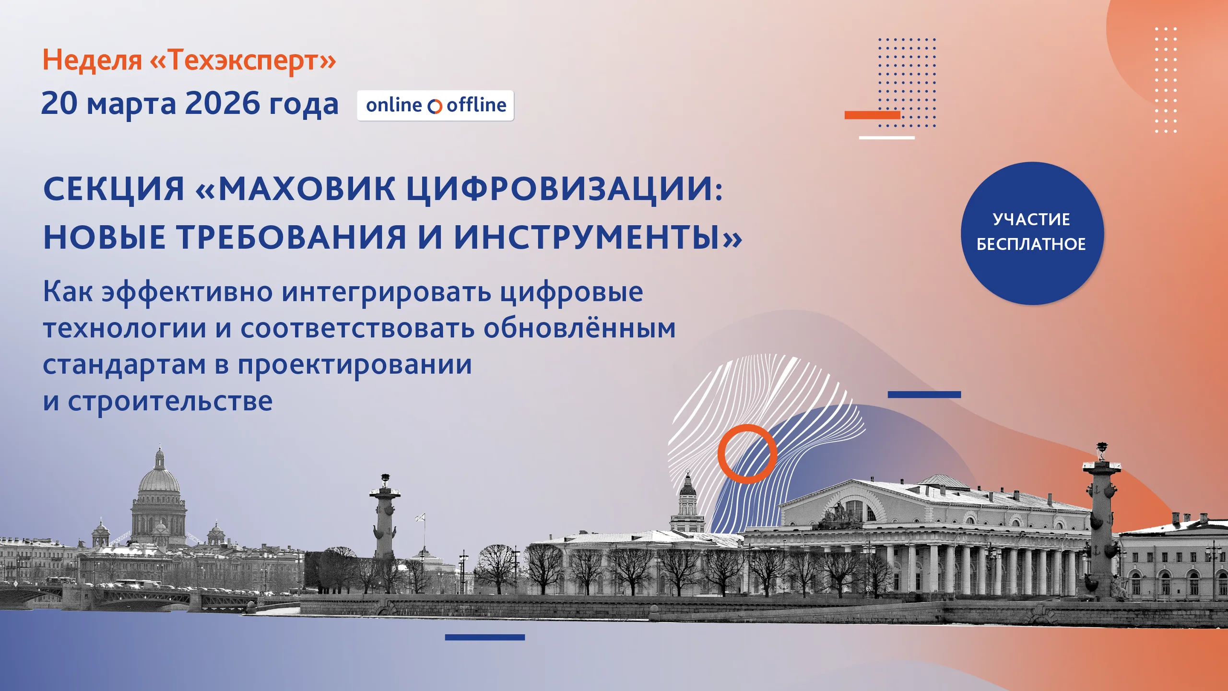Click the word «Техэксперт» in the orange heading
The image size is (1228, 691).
243,60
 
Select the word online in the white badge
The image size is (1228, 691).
394,105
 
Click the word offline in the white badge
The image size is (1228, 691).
476,105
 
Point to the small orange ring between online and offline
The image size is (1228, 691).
435,107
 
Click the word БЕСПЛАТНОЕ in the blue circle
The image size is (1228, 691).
1031,244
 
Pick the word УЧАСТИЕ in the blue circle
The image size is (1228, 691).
1031,219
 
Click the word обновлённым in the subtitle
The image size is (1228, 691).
579,328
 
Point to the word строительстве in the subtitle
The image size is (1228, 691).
170,401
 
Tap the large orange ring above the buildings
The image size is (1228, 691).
720,453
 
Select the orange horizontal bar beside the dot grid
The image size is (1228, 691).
872,115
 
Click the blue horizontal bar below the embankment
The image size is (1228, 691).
485,637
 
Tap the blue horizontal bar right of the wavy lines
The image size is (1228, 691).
924,394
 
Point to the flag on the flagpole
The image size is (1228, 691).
420,517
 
